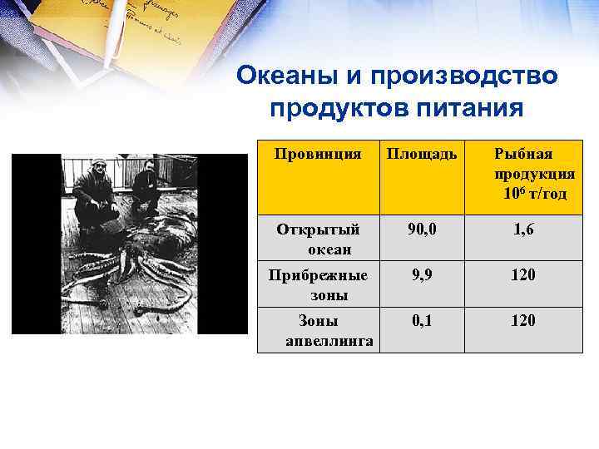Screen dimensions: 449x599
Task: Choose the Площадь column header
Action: click(421, 154)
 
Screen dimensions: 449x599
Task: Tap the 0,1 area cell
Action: click(421, 321)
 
